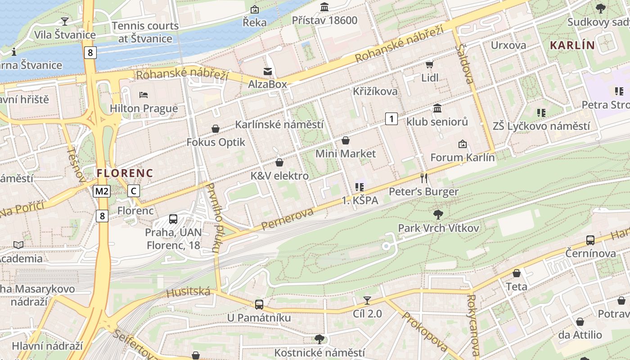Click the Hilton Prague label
pyautogui.click(x=144, y=108)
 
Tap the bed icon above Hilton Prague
pyautogui.click(x=144, y=95)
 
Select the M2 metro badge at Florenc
pyautogui.click(x=102, y=191)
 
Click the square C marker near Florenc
pyautogui.click(x=133, y=191)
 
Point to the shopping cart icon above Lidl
pyautogui.click(x=429, y=65)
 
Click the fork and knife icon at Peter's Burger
pyautogui.click(x=423, y=178)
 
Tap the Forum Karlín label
pyautogui.click(x=463, y=157)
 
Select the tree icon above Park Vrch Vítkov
pyautogui.click(x=438, y=214)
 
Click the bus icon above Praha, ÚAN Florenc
pyautogui.click(x=173, y=219)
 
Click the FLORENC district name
pyautogui.click(x=125, y=173)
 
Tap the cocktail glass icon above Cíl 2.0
pyautogui.click(x=367, y=300)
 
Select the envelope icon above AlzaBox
pyautogui.click(x=268, y=71)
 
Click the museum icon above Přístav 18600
pyautogui.click(x=324, y=7)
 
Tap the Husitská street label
pyautogui.click(x=188, y=292)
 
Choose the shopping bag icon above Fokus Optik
pyautogui.click(x=216, y=129)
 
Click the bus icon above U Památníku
pyautogui.click(x=259, y=304)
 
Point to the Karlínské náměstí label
pyautogui.click(x=279, y=124)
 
